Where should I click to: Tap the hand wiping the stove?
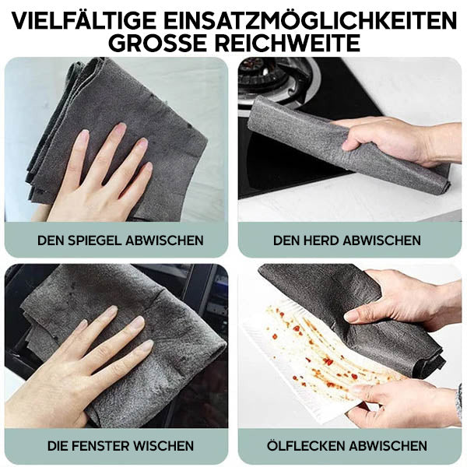(389, 140)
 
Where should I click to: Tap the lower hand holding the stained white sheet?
(397, 401)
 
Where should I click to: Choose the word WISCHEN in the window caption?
(162, 446)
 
